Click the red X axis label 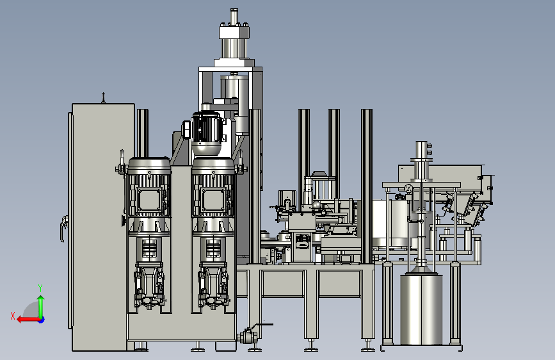13,316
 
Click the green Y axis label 40,288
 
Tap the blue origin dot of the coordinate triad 42,320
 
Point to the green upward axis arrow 41,307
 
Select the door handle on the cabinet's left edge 63,229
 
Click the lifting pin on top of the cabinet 103,97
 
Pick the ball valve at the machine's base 248,336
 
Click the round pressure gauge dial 409,189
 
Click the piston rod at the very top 234,16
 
